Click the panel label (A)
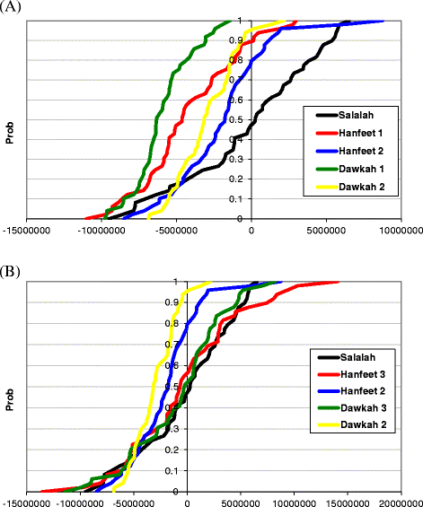coord(12,7)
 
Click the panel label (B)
coord(12,268)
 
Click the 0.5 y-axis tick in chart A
coord(239,119)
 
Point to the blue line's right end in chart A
coord(383,21)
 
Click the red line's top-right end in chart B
coord(339,282)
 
